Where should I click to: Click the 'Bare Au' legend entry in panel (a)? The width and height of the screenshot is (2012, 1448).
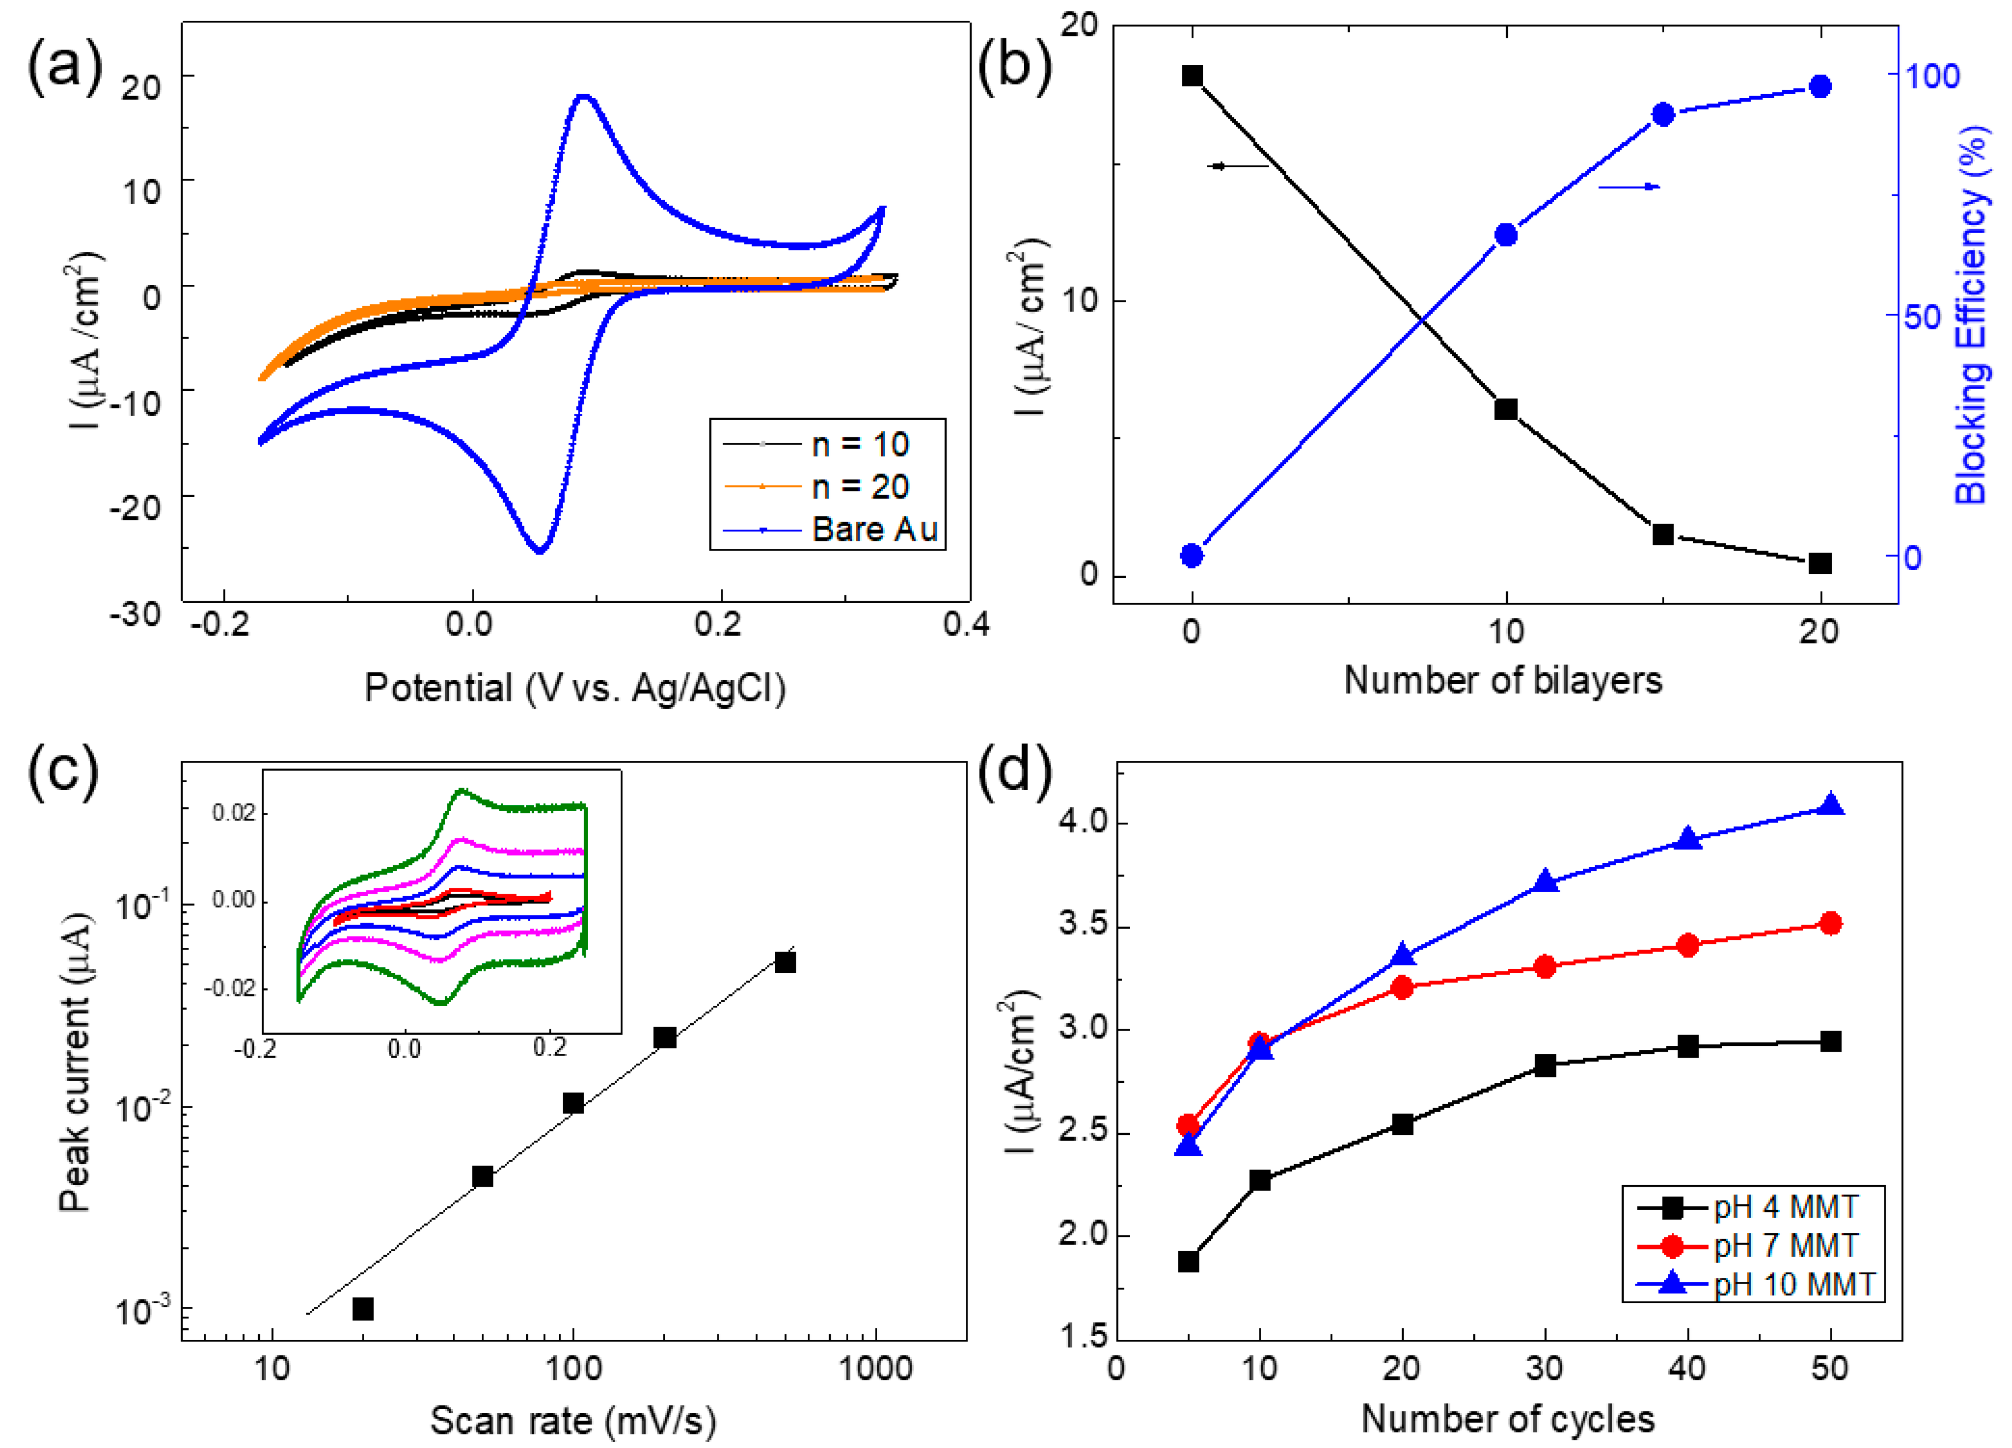tap(874, 529)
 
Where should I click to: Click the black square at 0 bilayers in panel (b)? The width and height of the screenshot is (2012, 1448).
tap(1192, 77)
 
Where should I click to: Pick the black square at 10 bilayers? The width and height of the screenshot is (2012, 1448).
tap(1506, 409)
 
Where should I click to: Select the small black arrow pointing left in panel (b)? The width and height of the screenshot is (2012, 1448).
tap(1238, 166)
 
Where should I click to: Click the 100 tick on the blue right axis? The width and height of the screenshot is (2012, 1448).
tap(1933, 77)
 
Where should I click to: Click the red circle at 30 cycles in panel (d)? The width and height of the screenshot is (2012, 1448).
tap(1544, 966)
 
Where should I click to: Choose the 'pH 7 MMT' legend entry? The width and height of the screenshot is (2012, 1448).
tap(1785, 1246)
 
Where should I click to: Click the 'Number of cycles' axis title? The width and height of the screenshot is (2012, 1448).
tap(1507, 1418)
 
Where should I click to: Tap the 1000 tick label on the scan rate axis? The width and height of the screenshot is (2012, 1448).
tap(876, 1368)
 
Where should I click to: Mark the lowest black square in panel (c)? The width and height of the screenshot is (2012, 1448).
tap(363, 1309)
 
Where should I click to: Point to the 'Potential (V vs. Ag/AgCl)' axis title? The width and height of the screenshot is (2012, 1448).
tap(575, 688)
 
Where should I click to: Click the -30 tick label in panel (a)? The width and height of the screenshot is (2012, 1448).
tap(135, 614)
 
